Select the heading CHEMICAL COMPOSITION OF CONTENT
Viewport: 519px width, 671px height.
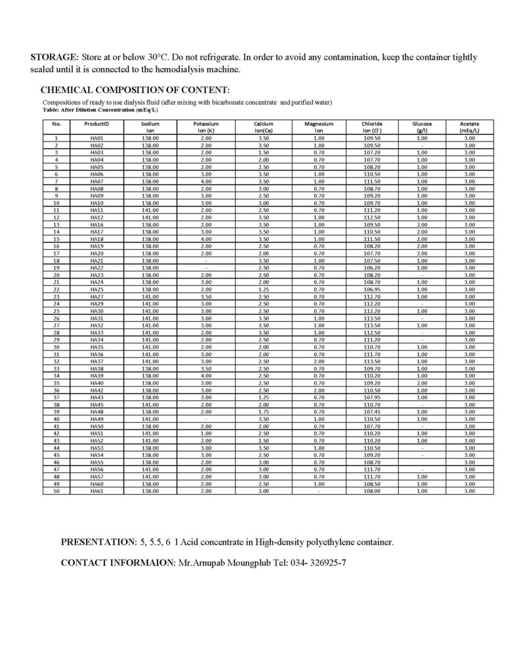click(x=135, y=90)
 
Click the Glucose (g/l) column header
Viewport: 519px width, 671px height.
click(x=421, y=127)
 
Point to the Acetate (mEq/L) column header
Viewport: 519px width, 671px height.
click(x=470, y=127)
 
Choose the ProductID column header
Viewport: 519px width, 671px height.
click(x=96, y=124)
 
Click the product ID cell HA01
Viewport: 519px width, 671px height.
click(x=96, y=138)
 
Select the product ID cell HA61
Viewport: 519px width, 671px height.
click(x=96, y=491)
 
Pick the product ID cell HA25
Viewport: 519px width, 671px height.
click(x=96, y=290)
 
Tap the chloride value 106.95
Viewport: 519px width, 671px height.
click(x=371, y=290)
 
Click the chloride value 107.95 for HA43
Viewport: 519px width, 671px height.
click(x=371, y=398)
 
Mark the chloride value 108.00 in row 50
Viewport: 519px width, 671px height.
click(x=371, y=491)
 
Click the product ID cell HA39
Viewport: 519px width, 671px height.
click(x=96, y=376)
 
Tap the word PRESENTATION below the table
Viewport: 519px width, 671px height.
click(x=98, y=543)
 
